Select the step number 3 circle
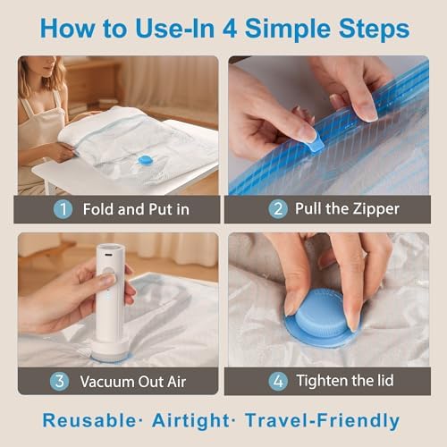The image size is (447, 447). point(58,380)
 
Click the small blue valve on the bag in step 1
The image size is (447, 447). point(146,160)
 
